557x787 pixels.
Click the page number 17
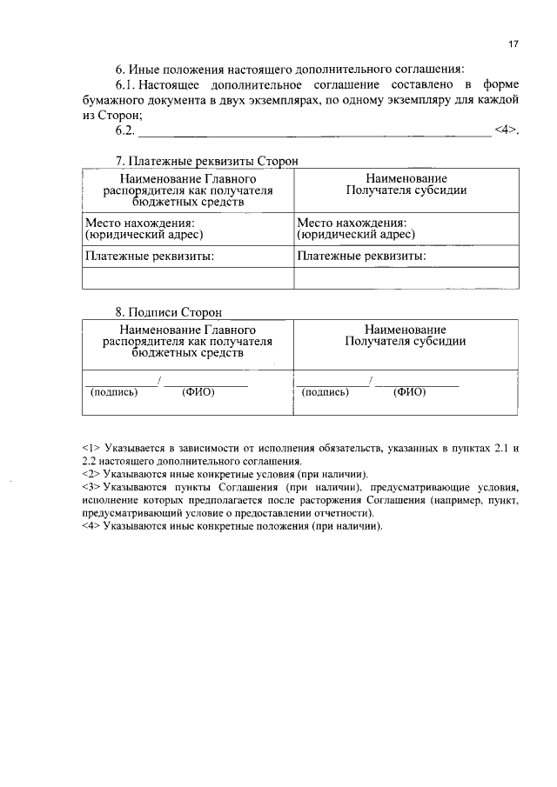coord(513,44)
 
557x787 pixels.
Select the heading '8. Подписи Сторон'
coord(169,311)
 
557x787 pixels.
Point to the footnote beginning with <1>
coord(300,454)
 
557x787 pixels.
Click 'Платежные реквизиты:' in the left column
coord(149,257)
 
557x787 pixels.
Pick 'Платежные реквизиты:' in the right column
coord(361,257)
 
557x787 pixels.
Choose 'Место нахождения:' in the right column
coord(351,223)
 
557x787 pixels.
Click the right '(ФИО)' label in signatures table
coord(409,391)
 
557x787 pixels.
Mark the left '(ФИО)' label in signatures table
coord(198,391)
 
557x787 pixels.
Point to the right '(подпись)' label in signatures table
coord(325,391)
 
